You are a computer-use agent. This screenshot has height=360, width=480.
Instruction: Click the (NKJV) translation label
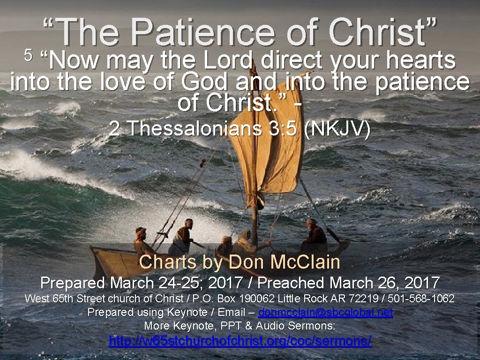[x=337, y=128]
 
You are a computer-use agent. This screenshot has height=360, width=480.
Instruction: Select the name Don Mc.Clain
[x=284, y=262]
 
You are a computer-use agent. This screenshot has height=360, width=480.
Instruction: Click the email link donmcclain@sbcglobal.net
[x=325, y=312]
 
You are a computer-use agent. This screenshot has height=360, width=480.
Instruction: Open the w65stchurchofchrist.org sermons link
[x=240, y=341]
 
